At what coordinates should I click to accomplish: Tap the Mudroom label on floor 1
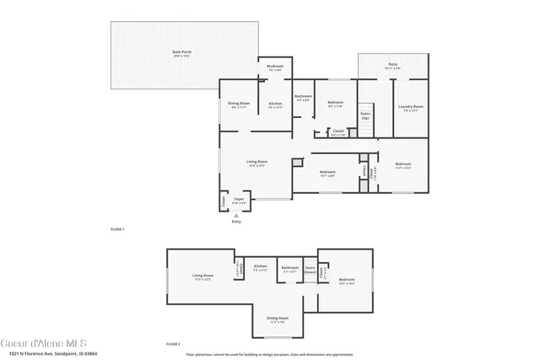[275, 67]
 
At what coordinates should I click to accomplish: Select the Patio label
[392, 65]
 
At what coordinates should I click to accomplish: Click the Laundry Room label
[413, 107]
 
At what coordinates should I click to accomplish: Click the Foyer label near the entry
[240, 201]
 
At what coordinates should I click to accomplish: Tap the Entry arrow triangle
[235, 216]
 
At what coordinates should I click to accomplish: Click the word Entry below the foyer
[235, 222]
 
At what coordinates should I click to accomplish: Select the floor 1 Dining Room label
[239, 105]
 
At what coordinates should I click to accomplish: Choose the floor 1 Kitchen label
[275, 105]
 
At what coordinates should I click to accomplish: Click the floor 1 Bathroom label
[304, 98]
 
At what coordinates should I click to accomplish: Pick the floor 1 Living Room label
[256, 163]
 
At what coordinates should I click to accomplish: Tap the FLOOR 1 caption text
[117, 229]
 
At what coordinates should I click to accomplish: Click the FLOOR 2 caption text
[173, 344]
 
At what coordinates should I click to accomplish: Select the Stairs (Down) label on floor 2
[310, 271]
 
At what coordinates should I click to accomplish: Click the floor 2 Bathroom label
[289, 269]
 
